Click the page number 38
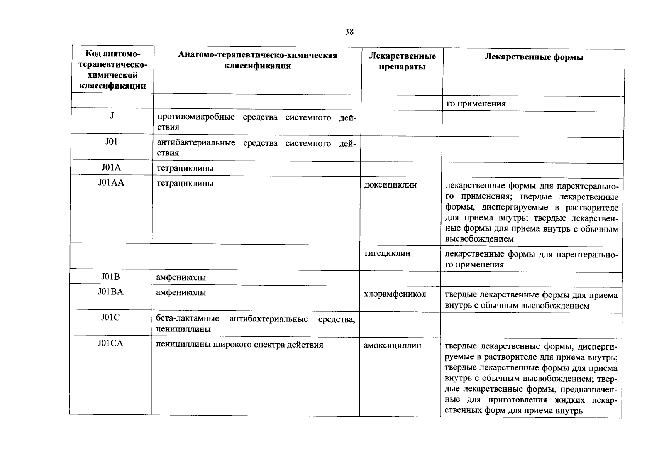(x=349, y=32)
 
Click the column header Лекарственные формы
(x=534, y=57)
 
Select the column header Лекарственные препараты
(x=402, y=61)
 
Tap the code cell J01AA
(x=111, y=182)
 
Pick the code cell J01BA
(x=110, y=292)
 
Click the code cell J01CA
(x=110, y=343)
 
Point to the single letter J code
(x=112, y=116)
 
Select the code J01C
(x=110, y=317)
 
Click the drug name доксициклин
(x=390, y=185)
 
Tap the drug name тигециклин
(x=387, y=253)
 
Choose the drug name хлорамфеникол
(x=395, y=294)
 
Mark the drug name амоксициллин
(x=392, y=345)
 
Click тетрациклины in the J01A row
(x=185, y=168)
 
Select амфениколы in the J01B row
(x=181, y=277)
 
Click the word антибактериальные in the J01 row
(x=196, y=143)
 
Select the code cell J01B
(x=110, y=277)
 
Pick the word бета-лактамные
(x=187, y=319)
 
